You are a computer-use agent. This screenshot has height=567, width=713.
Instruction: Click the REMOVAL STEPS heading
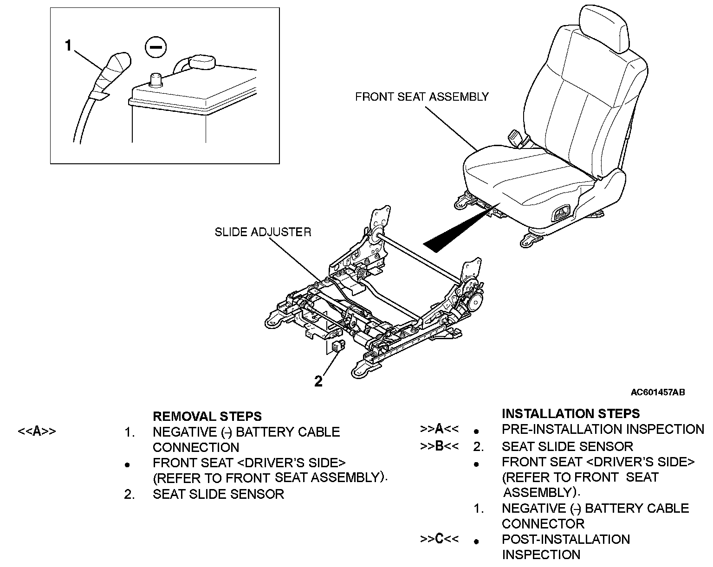[207, 416]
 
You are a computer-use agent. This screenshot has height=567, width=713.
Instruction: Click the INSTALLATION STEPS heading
[570, 413]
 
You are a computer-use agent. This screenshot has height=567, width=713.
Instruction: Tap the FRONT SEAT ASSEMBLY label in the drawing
[421, 97]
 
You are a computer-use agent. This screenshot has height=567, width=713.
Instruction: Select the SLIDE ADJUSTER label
[263, 232]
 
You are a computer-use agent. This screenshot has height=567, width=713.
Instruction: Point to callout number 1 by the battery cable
[69, 46]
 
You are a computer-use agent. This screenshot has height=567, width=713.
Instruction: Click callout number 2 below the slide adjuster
[318, 381]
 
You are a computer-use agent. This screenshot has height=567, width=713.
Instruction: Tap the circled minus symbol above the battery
[156, 47]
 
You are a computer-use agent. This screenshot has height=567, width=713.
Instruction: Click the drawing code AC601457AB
[657, 393]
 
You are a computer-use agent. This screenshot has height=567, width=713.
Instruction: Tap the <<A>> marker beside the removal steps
[37, 432]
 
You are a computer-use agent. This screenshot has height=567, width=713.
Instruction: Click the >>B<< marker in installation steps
[439, 446]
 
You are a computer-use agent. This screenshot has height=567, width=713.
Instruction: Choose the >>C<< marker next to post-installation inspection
[439, 539]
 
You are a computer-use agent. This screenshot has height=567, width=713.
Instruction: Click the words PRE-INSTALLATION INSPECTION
[603, 430]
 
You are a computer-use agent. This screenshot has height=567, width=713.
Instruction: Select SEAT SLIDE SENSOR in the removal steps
[218, 494]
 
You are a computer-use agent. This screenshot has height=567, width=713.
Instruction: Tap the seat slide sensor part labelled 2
[337, 346]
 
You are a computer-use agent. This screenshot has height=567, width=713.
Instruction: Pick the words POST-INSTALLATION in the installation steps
[565, 539]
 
